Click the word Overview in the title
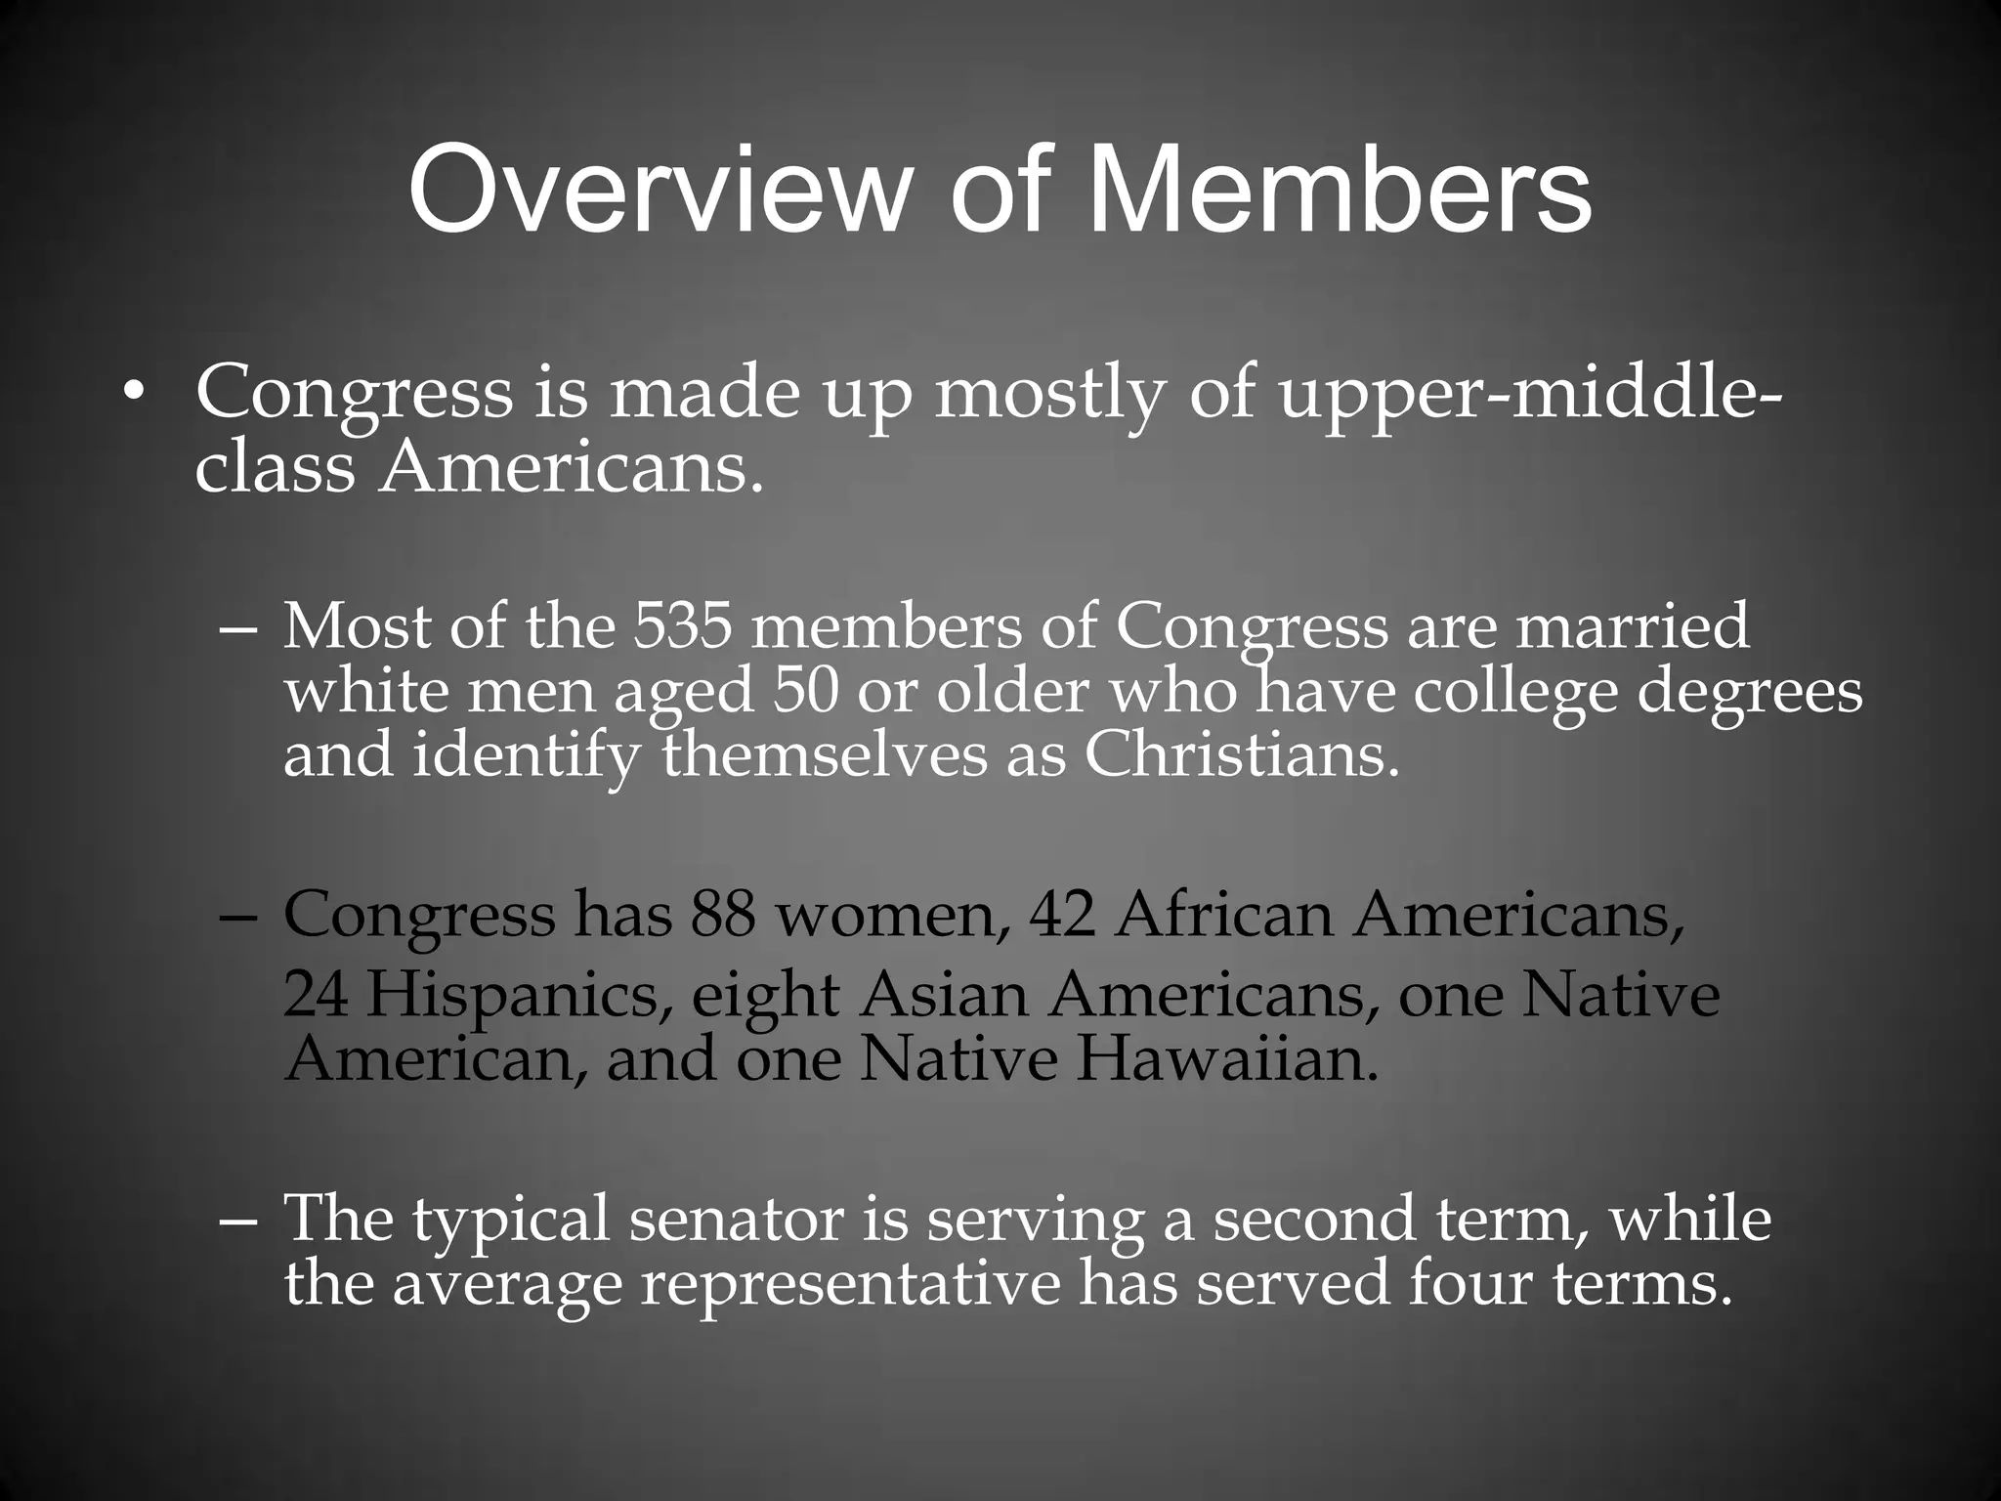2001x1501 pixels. [x=654, y=190]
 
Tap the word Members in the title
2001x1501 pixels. [x=1340, y=190]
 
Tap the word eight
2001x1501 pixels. [x=765, y=999]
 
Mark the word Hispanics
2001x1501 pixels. [x=519, y=997]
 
